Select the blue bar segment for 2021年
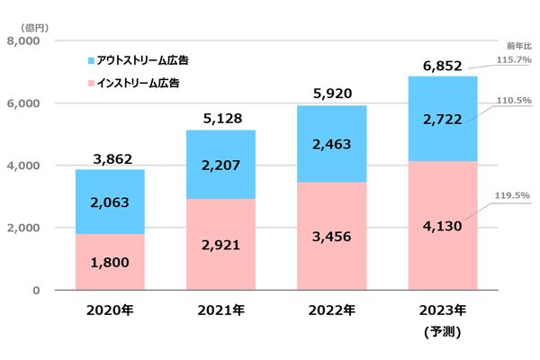220,165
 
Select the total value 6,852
442,66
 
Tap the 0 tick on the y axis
36,290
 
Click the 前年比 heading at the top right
519,44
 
